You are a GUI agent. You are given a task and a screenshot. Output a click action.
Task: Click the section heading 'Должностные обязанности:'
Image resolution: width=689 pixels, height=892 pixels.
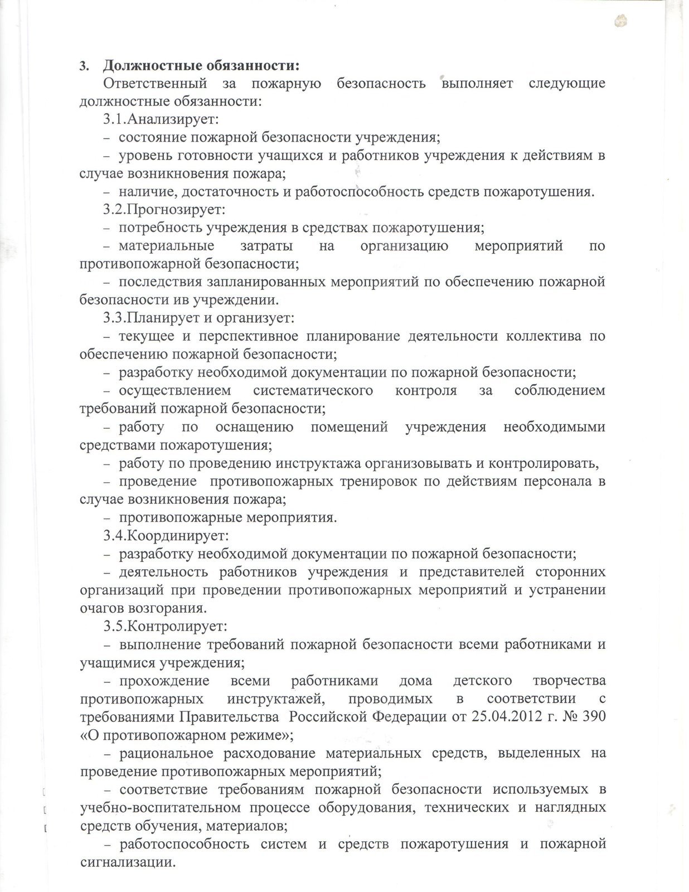[x=202, y=65]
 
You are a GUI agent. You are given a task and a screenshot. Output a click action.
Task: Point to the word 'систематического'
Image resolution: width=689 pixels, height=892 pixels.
[x=313, y=391]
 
